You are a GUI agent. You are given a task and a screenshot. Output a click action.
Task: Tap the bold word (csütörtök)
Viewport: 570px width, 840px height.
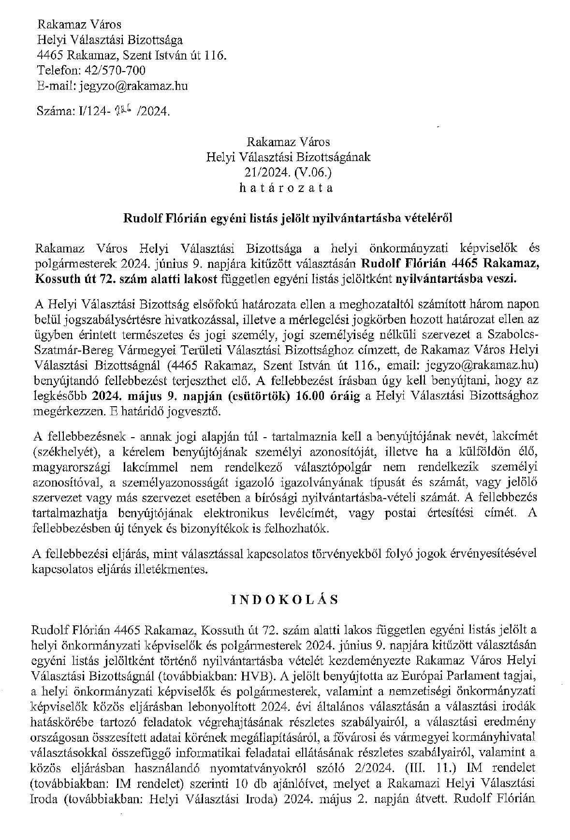262,396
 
